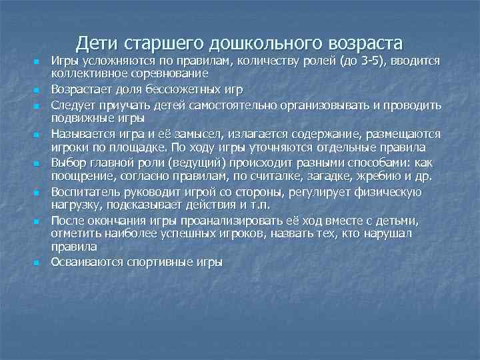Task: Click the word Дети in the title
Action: click(97, 43)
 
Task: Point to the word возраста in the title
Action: click(365, 43)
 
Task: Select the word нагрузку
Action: click(74, 205)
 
